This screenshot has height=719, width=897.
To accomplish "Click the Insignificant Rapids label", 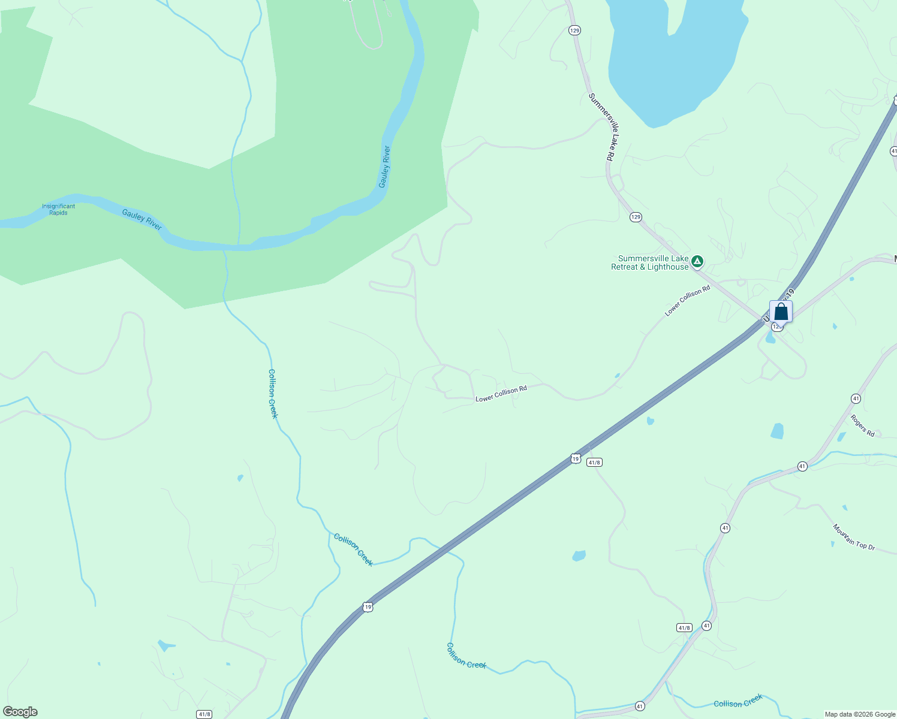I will pos(58,209).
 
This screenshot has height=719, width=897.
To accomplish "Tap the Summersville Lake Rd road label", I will pos(601,126).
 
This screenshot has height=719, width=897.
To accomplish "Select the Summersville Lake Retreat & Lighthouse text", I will pos(649,263).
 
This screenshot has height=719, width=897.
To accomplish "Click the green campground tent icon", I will pos(697,261).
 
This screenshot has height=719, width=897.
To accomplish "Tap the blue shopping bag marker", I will pos(781,312).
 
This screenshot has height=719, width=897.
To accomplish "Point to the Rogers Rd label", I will pos(862,425).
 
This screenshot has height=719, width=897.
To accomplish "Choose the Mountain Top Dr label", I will pos(854,537).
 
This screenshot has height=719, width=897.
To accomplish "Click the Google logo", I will pos(20,712).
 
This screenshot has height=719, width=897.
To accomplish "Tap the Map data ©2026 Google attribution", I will pos(860,714).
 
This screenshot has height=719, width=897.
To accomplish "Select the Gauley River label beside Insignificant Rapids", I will pos(142,219).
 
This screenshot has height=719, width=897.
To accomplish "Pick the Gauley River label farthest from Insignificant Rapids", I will pos(385,167).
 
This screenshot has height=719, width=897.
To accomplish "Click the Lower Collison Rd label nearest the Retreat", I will pos(687,301).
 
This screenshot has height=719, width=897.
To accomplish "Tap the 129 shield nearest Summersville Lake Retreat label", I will pos(636,217).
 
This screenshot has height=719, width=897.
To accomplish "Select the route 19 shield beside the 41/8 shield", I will pos(576,458).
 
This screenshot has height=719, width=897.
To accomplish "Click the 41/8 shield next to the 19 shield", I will pos(594,462).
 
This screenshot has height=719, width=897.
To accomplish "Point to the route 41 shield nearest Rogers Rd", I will pos(856,398).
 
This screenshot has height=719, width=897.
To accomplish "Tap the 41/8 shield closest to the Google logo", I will pos(204,714).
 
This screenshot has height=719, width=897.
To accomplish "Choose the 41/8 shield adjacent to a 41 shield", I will pos(684,627).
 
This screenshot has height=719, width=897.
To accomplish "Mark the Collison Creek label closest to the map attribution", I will pos(738,700).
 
